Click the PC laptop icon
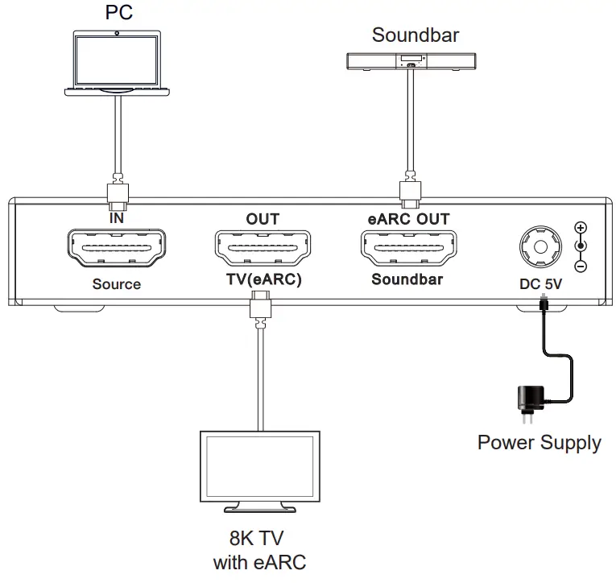(118, 64)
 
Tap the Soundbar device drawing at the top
(410, 60)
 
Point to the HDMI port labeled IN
(117, 249)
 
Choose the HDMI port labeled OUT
(263, 249)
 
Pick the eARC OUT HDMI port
(408, 249)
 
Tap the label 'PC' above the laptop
(118, 13)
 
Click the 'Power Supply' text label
(539, 443)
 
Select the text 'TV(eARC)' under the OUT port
(263, 280)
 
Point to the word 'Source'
(116, 283)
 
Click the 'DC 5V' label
(540, 283)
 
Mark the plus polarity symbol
(580, 228)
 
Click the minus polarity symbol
(580, 266)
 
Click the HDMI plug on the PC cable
(118, 193)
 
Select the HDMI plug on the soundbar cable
(409, 190)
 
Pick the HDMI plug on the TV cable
(260, 307)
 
